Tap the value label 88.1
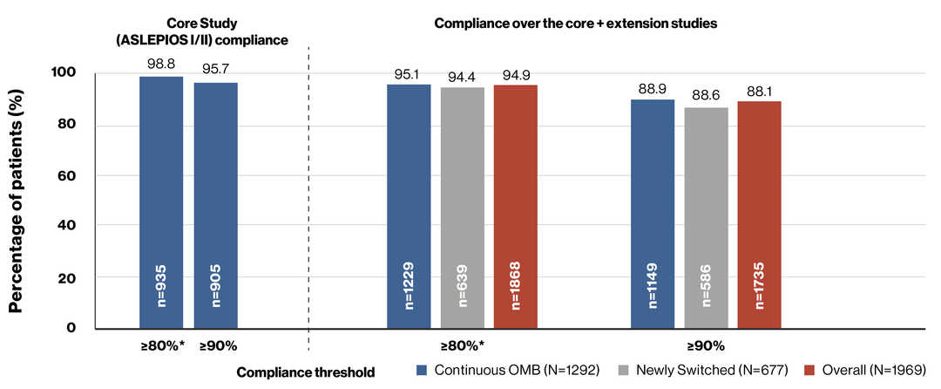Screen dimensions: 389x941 759,91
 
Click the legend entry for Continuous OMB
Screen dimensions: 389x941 509,370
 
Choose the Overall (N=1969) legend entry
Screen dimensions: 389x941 857,370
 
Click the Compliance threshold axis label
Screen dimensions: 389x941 305,372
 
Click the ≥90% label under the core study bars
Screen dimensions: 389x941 217,346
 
